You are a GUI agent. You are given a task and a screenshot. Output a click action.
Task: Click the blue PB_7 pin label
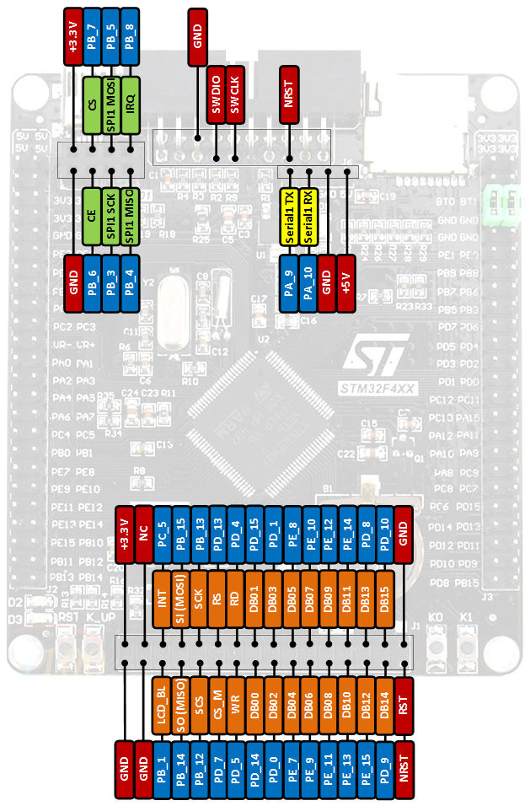tap(92, 37)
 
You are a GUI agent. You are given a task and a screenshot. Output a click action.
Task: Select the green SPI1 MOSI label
tap(111, 105)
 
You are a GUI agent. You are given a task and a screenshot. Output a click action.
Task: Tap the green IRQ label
tap(131, 105)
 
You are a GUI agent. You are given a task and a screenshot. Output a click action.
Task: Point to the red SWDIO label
tap(217, 94)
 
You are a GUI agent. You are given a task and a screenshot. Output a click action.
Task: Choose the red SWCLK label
tap(235, 94)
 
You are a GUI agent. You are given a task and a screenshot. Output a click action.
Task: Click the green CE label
tap(92, 217)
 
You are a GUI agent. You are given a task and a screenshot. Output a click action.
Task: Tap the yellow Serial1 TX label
tap(289, 217)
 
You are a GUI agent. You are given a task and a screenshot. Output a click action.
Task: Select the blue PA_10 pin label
tap(308, 285)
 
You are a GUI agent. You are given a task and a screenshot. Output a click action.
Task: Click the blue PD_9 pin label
tap(384, 770)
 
